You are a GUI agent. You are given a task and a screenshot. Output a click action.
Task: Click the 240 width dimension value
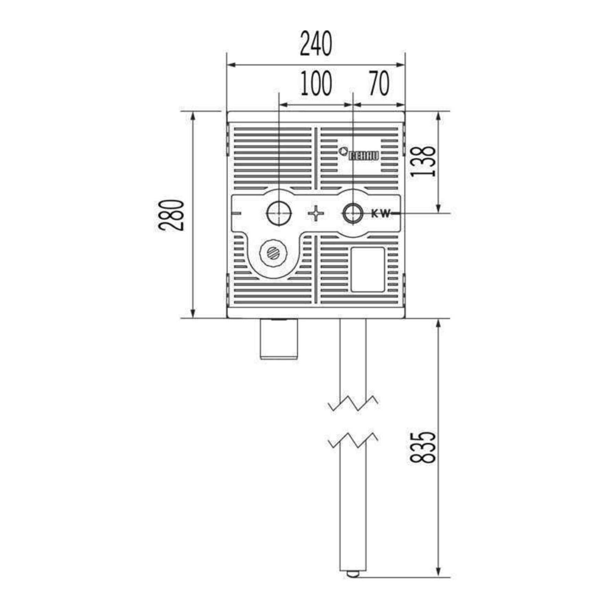[x=316, y=43]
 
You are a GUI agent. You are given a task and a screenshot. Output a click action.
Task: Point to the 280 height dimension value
[x=172, y=214]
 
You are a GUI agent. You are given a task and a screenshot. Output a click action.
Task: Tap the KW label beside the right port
[x=381, y=214]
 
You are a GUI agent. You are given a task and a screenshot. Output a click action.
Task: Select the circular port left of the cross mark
[x=279, y=213]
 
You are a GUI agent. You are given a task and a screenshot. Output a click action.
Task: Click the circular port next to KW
[x=353, y=214]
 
